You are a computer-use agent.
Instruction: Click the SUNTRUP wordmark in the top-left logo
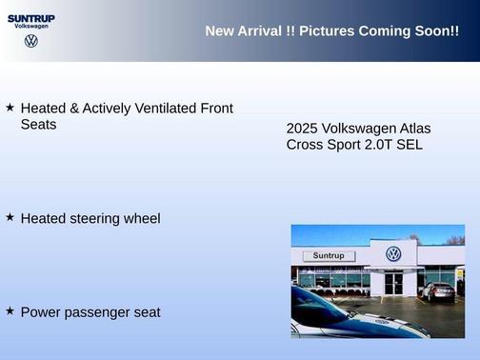[x=30, y=17]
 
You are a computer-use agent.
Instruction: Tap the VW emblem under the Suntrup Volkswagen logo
[x=31, y=41]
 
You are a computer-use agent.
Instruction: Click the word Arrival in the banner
[x=259, y=31]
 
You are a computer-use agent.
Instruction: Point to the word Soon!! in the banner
[x=437, y=31]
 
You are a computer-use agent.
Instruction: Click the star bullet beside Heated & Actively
[x=10, y=108]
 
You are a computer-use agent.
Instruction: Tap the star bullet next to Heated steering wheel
[x=10, y=217]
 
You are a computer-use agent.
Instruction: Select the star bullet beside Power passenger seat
[x=10, y=310]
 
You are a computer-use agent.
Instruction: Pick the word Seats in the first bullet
[x=39, y=125]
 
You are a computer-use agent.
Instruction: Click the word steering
[x=96, y=219]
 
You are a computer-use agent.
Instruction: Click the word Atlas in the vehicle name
[x=412, y=128]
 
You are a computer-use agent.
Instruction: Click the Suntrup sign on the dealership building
[x=329, y=256]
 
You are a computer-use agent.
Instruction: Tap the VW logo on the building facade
[x=393, y=254]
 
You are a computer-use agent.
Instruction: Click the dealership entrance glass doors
[x=393, y=283]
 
